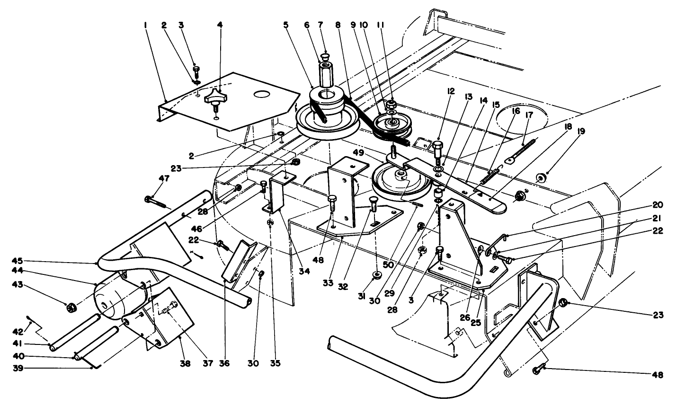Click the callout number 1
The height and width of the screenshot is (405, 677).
pyautogui.click(x=146, y=25)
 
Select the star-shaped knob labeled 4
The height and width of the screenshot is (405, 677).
pyautogui.click(x=216, y=97)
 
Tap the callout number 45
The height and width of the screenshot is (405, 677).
pyautogui.click(x=18, y=261)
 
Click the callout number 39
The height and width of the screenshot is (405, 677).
pyautogui.click(x=18, y=369)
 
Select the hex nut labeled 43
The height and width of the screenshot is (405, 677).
pyautogui.click(x=71, y=308)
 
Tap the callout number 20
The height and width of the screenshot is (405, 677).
pyautogui.click(x=658, y=205)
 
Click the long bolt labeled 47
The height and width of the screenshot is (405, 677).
pyautogui.click(x=156, y=201)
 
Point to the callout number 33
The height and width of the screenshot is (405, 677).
pyautogui.click(x=328, y=283)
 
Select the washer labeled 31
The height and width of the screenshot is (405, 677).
pyautogui.click(x=376, y=275)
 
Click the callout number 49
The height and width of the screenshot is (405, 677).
pyautogui.click(x=359, y=153)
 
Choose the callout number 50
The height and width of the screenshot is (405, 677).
pyautogui.click(x=389, y=265)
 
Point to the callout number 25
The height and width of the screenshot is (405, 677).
pyautogui.click(x=476, y=323)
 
